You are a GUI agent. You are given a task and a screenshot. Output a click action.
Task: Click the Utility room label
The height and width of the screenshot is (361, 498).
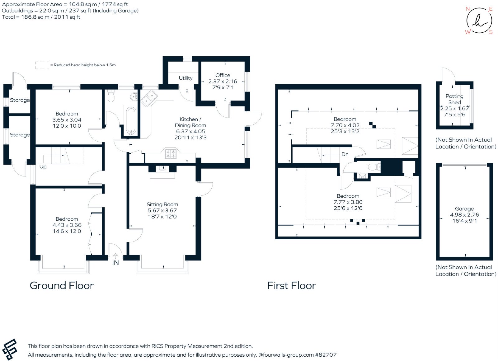[x=186, y=78]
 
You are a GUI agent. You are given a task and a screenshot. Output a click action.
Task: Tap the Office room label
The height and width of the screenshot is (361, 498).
[x=223, y=75]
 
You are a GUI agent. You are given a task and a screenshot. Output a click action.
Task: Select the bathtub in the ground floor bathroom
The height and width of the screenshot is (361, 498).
[x=131, y=121]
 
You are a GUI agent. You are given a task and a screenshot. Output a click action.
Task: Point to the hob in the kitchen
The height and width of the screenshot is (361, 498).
[x=171, y=154]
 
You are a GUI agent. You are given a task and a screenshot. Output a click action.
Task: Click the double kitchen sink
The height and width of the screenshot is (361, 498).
[x=149, y=98]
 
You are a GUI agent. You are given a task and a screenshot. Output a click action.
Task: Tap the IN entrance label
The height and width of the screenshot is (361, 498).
[x=115, y=263]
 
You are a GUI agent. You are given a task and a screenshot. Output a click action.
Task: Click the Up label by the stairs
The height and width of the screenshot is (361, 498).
[x=43, y=167]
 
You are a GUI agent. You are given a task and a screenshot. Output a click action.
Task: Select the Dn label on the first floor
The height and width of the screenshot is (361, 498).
[x=345, y=154]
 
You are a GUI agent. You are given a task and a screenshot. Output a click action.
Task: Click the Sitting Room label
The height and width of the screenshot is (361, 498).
[x=162, y=204]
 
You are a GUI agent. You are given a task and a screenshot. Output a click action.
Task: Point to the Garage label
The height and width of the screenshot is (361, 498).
[x=464, y=209]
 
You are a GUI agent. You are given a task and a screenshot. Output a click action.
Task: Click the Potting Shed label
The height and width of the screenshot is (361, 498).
[x=454, y=99]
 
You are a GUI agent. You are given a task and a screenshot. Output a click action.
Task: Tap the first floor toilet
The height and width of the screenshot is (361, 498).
[x=374, y=167]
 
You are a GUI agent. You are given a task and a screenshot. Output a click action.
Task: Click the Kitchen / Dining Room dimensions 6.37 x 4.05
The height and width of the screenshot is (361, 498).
[x=190, y=131]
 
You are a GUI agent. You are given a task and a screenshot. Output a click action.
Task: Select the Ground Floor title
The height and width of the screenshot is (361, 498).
[x=62, y=285]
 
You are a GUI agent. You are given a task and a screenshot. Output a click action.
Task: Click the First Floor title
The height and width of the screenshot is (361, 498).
[x=291, y=285]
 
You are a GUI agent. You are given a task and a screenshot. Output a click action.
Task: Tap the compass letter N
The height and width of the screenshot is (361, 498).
[x=467, y=9]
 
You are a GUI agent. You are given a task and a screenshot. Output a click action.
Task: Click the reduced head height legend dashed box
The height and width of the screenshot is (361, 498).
[x=42, y=65]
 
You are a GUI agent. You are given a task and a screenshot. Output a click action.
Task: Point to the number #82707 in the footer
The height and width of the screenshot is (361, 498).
[x=326, y=355]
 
